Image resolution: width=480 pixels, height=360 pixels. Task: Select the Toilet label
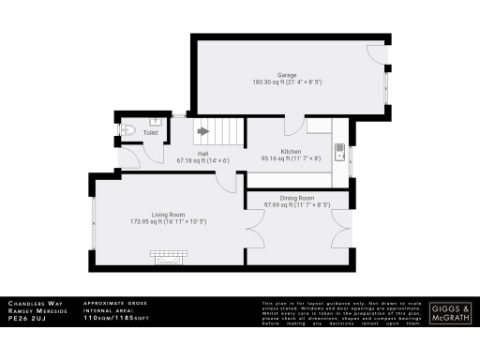click(150, 133)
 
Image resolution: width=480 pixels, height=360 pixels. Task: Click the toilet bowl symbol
click(131, 131)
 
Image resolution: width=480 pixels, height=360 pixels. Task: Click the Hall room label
click(202, 152)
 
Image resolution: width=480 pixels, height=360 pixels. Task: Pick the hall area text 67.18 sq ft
click(202, 160)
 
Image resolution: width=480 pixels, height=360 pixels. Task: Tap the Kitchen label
click(291, 150)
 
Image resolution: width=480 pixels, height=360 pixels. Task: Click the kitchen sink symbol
click(340, 149)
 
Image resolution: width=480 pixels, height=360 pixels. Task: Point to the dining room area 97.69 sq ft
click(295, 204)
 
